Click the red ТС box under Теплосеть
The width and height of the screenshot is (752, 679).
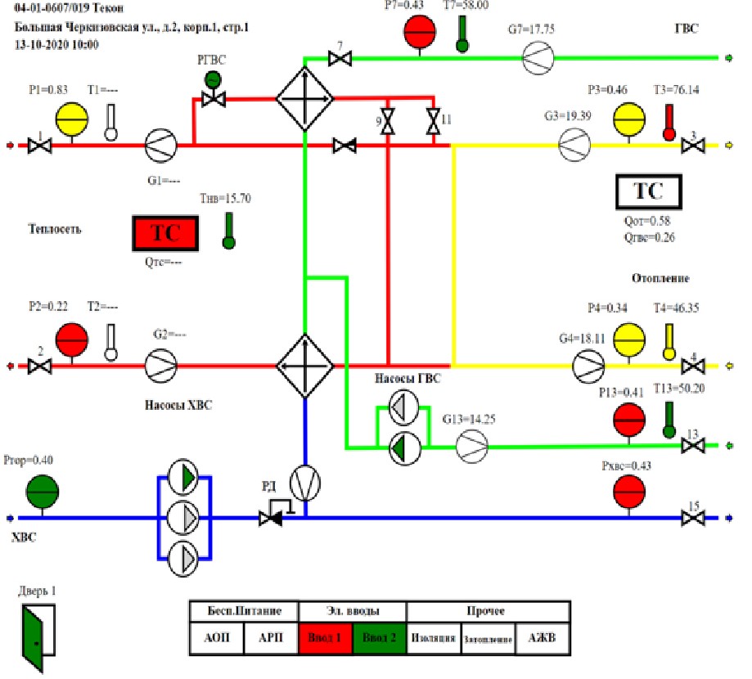coord(165,233)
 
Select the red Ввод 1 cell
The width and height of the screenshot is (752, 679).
coord(326,638)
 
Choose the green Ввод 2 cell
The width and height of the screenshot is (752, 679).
coord(380,638)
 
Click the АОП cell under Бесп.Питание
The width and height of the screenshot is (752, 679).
coord(217,638)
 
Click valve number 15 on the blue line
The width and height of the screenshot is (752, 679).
coord(694,518)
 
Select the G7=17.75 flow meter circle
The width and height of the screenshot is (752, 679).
coord(538,58)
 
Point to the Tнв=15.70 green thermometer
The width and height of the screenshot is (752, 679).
coord(227,232)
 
